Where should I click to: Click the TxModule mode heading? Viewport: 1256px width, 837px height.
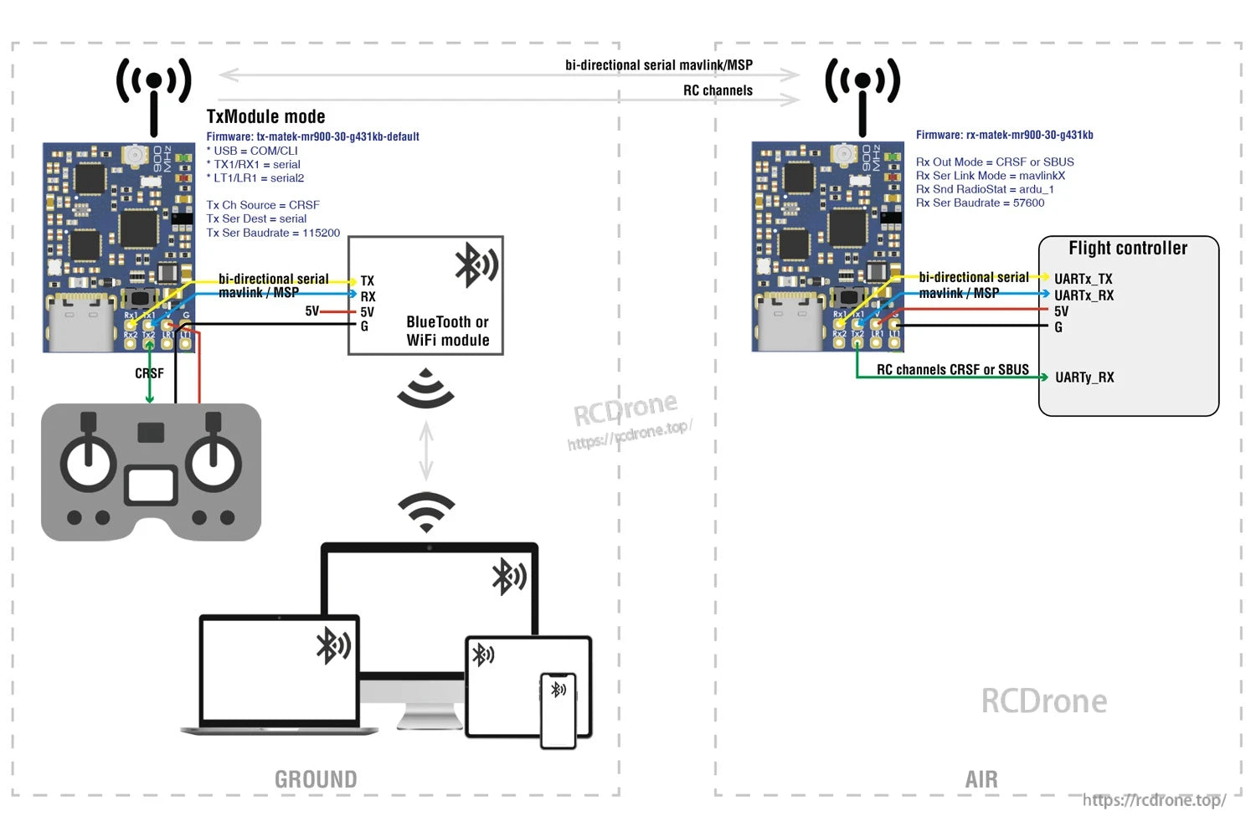coord(265,117)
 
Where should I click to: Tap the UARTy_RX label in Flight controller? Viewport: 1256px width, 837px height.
coord(1084,377)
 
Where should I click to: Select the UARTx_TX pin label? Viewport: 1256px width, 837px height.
coord(1083,279)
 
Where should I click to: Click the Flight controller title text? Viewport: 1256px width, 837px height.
coord(1128,249)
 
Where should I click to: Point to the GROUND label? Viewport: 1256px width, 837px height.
coord(316,779)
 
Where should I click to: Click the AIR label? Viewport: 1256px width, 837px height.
coord(981,779)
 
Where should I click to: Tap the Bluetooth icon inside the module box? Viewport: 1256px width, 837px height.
coord(476,265)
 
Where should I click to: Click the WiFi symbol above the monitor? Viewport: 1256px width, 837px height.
coord(426,511)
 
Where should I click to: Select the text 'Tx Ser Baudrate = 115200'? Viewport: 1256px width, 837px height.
coord(273,233)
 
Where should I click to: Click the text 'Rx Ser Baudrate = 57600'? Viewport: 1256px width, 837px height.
coord(980,203)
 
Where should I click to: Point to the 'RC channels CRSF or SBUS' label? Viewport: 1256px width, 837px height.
coord(952,370)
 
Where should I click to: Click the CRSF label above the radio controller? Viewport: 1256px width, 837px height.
coord(149,373)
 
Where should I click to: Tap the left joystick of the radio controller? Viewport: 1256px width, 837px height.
coord(88,460)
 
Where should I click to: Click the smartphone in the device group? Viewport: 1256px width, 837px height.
coord(559,710)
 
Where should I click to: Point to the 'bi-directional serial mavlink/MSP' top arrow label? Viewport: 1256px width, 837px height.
coord(658,65)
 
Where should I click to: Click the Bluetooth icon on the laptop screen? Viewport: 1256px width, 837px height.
coord(332,645)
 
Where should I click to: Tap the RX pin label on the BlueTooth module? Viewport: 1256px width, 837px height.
coord(368,296)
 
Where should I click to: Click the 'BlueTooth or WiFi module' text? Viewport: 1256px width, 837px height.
coord(447,331)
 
